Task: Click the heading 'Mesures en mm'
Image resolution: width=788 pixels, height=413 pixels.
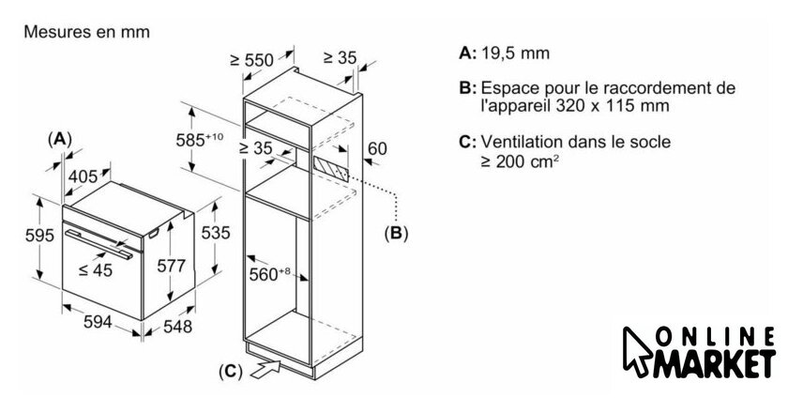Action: click(87, 32)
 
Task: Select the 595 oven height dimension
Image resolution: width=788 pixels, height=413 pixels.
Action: click(39, 235)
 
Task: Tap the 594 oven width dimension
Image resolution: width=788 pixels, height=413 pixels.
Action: click(98, 321)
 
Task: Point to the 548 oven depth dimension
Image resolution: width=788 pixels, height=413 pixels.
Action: click(177, 326)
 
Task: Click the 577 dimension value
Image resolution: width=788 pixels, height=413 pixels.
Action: click(172, 266)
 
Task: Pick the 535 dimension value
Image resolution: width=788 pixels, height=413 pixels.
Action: click(216, 233)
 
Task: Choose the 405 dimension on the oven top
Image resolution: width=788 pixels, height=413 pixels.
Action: click(83, 176)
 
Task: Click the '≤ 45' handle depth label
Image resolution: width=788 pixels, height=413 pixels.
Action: click(96, 270)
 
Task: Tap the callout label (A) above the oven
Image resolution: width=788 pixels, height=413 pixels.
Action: click(59, 138)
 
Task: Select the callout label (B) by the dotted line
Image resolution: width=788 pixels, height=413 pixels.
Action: click(396, 233)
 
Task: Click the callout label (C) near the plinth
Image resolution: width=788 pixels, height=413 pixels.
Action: click(231, 372)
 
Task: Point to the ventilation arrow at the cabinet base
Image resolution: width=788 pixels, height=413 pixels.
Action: click(265, 369)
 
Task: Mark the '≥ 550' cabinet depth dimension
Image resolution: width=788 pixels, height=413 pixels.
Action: click(251, 60)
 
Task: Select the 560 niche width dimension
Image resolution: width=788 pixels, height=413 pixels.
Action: click(270, 274)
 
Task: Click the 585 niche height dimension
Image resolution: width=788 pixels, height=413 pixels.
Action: click(200, 139)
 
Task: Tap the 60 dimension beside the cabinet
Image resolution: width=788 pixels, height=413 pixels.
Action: click(378, 149)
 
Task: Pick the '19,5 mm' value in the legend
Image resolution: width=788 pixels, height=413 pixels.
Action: click(516, 53)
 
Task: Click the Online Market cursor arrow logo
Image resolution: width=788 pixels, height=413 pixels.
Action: click(638, 352)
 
